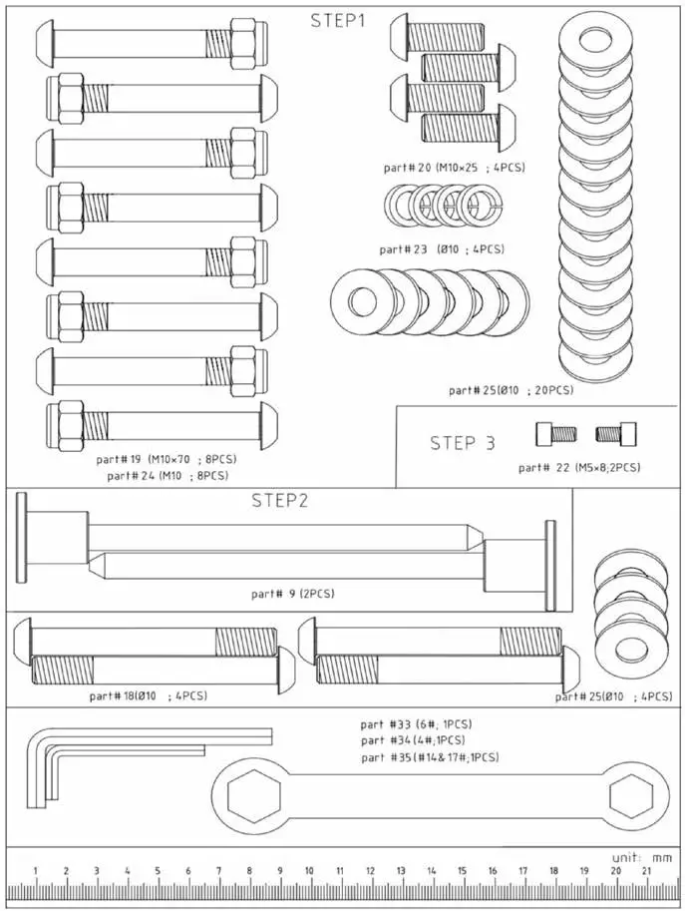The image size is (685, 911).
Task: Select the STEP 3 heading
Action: click(462, 443)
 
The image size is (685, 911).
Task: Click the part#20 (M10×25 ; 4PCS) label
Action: click(454, 167)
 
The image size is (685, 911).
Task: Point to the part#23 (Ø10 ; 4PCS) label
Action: click(442, 248)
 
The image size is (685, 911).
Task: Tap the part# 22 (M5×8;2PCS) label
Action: click(579, 467)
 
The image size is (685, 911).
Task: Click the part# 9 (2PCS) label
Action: click(293, 594)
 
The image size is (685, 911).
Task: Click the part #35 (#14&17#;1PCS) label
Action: click(430, 758)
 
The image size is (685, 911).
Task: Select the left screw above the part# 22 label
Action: click(556, 434)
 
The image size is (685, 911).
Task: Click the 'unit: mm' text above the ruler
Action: click(642, 856)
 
